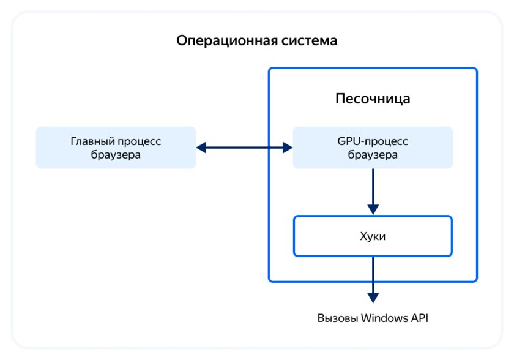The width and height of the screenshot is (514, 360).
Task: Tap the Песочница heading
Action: click(x=373, y=99)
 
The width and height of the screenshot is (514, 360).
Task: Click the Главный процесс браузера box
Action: click(x=116, y=148)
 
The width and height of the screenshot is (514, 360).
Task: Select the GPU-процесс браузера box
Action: click(x=373, y=148)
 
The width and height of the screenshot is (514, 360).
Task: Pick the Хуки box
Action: click(x=373, y=236)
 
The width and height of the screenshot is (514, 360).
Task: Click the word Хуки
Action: click(x=373, y=236)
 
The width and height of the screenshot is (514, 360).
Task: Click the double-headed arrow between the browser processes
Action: click(x=244, y=148)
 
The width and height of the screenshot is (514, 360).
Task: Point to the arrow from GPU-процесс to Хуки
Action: click(x=373, y=190)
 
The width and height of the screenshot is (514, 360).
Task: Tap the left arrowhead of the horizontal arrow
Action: click(x=201, y=148)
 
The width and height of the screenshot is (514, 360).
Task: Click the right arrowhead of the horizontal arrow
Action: click(x=287, y=148)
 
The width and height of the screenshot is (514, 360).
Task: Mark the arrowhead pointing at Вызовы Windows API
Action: click(x=373, y=298)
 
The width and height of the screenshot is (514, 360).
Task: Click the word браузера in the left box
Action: click(x=116, y=155)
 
